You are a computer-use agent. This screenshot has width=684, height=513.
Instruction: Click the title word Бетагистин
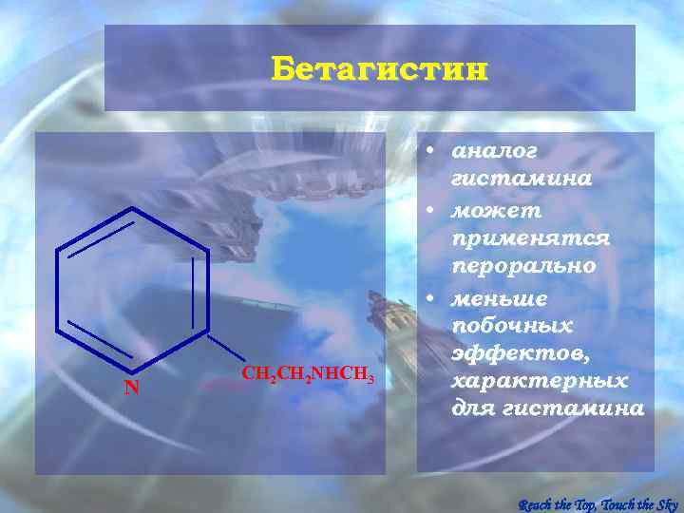pos(379,69)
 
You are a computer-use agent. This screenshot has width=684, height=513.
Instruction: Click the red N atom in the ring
pos(133,388)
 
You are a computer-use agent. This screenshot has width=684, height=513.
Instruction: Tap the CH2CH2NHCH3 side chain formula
pos(308,372)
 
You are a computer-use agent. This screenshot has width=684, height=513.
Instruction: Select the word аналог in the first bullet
pos(495,151)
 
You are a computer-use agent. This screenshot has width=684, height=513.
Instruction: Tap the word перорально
pos(523,266)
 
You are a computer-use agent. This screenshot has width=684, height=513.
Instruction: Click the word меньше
pos(499,298)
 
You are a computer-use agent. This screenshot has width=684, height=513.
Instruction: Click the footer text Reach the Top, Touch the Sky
pos(598,503)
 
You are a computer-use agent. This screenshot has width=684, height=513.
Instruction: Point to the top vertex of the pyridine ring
pos(132,208)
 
